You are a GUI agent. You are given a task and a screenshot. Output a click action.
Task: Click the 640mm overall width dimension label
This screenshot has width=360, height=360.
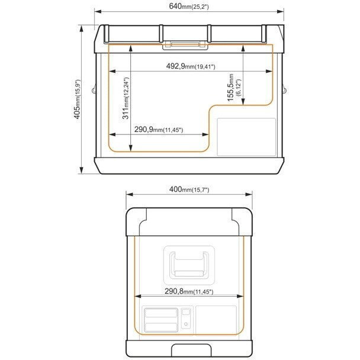click(x=189, y=6)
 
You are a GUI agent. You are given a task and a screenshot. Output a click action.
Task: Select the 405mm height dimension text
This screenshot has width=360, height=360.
click(x=78, y=99)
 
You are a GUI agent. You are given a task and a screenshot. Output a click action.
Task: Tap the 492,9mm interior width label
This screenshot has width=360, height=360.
click(x=191, y=66)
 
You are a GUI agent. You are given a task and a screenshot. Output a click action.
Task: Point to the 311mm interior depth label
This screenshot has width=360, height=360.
click(x=126, y=98)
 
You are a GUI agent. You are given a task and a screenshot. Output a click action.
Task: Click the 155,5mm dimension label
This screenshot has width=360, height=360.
click(x=234, y=88)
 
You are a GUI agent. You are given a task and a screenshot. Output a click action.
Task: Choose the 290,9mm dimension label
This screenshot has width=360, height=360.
click(x=159, y=130)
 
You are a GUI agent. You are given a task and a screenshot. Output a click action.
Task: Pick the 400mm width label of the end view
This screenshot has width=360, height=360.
click(x=189, y=189)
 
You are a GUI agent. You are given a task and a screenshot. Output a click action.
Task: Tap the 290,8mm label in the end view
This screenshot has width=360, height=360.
click(x=189, y=291)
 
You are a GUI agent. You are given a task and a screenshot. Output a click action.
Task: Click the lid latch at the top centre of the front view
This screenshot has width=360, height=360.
click(x=185, y=46)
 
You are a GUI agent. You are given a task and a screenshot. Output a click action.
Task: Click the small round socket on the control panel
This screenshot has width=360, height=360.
click(x=186, y=324)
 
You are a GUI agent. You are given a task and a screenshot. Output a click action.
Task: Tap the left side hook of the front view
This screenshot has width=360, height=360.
click(x=94, y=89)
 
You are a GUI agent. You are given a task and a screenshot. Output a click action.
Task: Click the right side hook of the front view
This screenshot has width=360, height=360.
click(x=285, y=89)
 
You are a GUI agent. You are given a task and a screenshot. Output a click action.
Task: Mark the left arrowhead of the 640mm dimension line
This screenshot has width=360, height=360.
click(x=98, y=11)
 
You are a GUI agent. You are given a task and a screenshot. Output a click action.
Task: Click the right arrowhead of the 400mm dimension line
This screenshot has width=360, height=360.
click(x=249, y=194)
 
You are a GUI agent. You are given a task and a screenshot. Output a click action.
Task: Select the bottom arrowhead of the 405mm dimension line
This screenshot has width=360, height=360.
click(x=81, y=171)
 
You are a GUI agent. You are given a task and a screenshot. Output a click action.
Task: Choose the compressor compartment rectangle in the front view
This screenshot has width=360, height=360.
click(x=246, y=137)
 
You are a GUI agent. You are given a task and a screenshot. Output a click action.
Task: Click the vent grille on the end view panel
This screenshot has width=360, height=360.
click(x=161, y=320)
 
